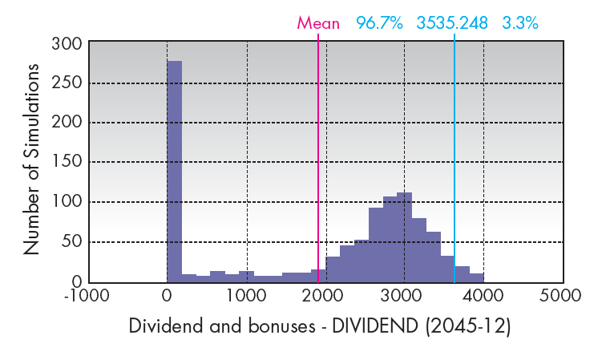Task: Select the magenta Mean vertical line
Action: pos(318,160)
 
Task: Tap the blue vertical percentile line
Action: pos(454,160)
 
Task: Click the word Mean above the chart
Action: pos(319,22)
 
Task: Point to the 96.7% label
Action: pos(380,22)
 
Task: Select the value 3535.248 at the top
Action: pos(452,22)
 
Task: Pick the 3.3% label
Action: pos(520,22)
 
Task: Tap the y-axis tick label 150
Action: pos(66,163)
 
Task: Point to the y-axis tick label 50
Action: pos(71,242)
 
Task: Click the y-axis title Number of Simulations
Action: pos(32,160)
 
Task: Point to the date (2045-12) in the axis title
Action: pos(471,327)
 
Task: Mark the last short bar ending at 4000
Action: pos(476,277)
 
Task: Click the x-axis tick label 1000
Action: pos(246,295)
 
